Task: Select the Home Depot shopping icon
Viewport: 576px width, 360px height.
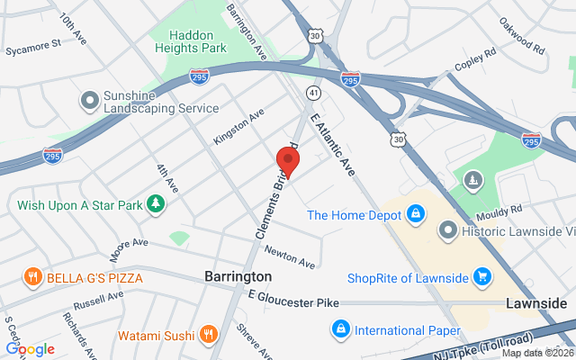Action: (415, 214)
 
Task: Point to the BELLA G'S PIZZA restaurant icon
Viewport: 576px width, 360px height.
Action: (33, 276)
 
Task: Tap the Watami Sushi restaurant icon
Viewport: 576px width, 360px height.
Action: (209, 336)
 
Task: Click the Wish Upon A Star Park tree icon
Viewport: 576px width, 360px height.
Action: (156, 204)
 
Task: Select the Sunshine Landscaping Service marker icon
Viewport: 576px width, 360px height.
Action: (89, 99)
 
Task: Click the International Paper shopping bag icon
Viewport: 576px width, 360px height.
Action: (340, 329)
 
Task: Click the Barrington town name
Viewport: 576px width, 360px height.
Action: (238, 276)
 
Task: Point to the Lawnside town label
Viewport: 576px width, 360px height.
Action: (536, 303)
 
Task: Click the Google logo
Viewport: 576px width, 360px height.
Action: (30, 349)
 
